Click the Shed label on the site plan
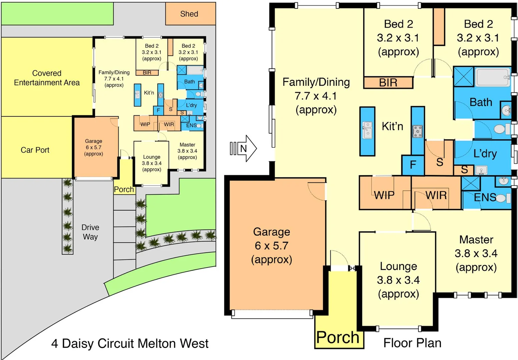[189, 14]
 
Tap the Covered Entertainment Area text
[47, 78]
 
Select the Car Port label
[35, 150]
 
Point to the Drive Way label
[90, 232]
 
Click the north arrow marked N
[244, 148]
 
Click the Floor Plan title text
[412, 343]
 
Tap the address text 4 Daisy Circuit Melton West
[130, 343]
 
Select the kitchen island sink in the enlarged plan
[367, 130]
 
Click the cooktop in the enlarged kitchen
[417, 131]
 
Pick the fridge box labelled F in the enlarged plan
[413, 165]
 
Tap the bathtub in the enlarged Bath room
[492, 77]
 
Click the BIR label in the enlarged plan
[388, 82]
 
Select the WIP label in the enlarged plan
[384, 195]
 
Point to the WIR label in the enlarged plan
[436, 195]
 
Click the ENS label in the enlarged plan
[485, 197]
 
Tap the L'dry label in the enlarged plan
[485, 153]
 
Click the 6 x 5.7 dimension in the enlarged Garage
[271, 246]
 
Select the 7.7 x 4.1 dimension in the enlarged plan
[316, 96]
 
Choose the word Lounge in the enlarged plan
[398, 266]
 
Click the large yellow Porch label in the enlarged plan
[338, 337]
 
